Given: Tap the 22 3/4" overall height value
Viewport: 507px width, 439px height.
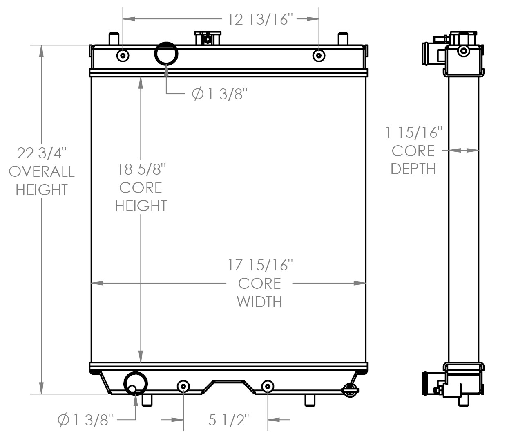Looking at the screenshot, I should pyautogui.click(x=41, y=153).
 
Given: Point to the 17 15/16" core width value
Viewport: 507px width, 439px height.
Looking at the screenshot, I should pyautogui.click(x=260, y=265).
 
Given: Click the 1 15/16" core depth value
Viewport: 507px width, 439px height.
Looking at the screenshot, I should pyautogui.click(x=414, y=133).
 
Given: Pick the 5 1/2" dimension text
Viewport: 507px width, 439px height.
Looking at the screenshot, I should pyautogui.click(x=228, y=420).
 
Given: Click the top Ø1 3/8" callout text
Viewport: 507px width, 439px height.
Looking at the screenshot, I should pyautogui.click(x=220, y=95).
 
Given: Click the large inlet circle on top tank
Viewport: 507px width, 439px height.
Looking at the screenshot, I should pyautogui.click(x=166, y=53).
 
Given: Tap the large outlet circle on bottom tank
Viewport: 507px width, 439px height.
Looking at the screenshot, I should pyautogui.click(x=135, y=383).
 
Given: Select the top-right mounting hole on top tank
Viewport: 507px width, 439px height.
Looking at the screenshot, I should pyautogui.click(x=319, y=55).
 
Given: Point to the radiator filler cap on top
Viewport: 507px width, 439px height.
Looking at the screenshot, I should pyautogui.click(x=208, y=38).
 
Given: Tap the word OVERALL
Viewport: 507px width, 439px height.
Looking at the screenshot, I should pyautogui.click(x=41, y=171).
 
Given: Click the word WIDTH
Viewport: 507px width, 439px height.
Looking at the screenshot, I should pyautogui.click(x=259, y=302).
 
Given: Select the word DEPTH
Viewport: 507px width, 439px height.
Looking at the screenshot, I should pyautogui.click(x=413, y=169).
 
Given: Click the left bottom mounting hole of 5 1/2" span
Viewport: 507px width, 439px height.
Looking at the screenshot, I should pyautogui.click(x=183, y=386).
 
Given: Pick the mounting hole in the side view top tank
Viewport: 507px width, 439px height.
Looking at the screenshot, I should pyautogui.click(x=463, y=51).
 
